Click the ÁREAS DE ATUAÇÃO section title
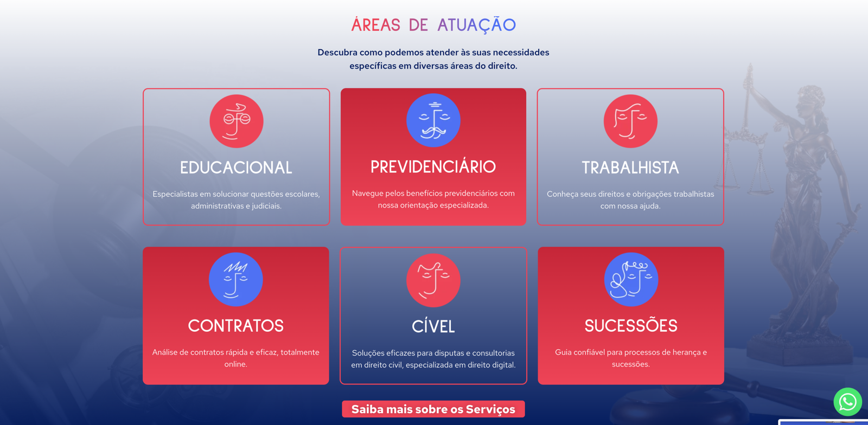[433, 25]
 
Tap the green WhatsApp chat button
[848, 402]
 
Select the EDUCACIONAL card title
[236, 168]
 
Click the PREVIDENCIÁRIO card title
[433, 167]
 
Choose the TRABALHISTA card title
[630, 168]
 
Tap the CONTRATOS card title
[235, 326]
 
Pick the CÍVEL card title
[433, 326]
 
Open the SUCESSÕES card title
[631, 326]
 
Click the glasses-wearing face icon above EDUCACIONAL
[237, 121]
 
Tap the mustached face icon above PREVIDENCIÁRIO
[433, 120]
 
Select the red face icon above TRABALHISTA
[630, 121]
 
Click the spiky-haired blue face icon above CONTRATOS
[235, 280]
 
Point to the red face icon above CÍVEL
[433, 280]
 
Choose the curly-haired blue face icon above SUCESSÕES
[631, 280]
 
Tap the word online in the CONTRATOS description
[235, 364]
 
